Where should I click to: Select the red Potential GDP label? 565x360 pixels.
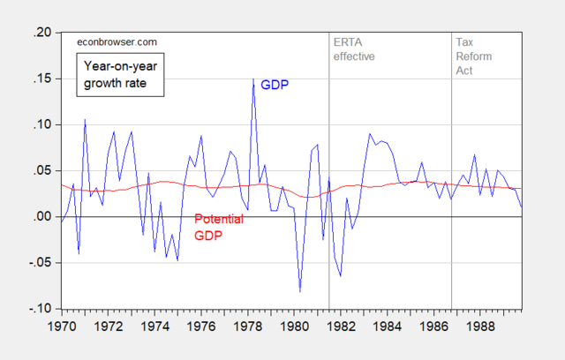click(218, 227)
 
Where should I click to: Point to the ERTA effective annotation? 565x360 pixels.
click(353, 49)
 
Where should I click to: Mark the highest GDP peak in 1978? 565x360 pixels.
click(253, 79)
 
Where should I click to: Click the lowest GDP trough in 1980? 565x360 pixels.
click(300, 290)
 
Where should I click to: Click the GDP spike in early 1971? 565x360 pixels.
click(85, 120)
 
